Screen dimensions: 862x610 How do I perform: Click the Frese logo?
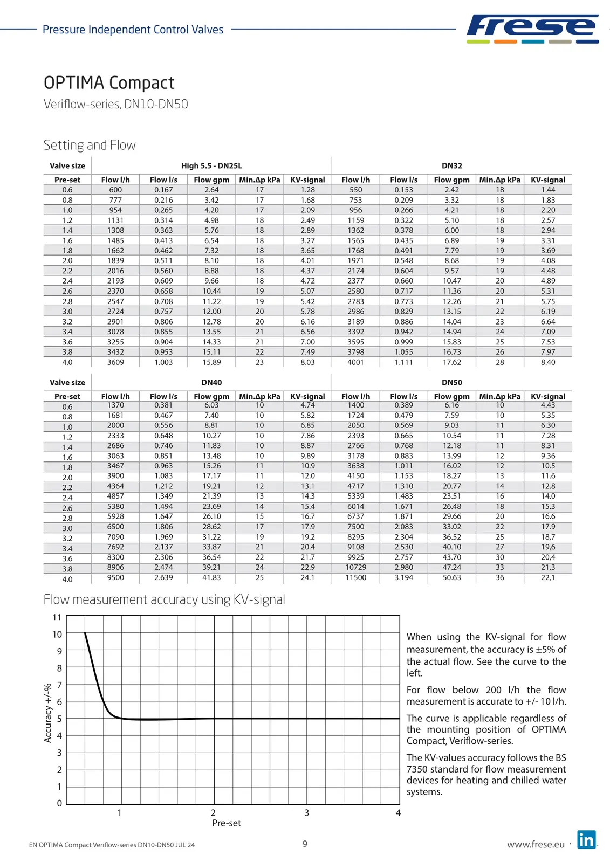tap(532, 29)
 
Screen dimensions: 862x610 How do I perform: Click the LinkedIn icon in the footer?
tap(586, 840)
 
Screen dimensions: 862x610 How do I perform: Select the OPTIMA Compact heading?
tap(109, 83)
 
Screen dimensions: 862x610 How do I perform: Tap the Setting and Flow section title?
tap(90, 145)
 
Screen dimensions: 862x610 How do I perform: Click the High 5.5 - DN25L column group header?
tap(211, 166)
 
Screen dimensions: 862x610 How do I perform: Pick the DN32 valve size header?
tap(451, 166)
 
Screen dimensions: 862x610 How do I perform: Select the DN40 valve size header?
tap(211, 383)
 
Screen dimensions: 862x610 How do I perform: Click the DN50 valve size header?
tap(451, 383)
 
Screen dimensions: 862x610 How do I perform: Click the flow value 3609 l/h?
tap(115, 362)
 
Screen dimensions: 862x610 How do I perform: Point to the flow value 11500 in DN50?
tap(355, 577)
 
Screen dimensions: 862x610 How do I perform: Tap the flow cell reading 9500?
tap(115, 577)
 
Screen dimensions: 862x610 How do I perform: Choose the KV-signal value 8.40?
tap(548, 362)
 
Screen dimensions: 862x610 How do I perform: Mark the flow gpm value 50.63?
tap(451, 577)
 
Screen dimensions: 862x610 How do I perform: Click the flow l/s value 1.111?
tap(403, 362)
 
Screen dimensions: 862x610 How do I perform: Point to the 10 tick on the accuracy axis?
tap(57, 635)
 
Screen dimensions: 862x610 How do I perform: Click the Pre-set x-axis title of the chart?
tap(227, 823)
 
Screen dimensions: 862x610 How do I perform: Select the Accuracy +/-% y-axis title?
tap(48, 713)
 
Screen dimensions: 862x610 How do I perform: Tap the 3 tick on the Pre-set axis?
tap(306, 813)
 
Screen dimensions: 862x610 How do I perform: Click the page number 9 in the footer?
tap(305, 844)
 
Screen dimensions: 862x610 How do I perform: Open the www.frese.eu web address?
tap(536, 845)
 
